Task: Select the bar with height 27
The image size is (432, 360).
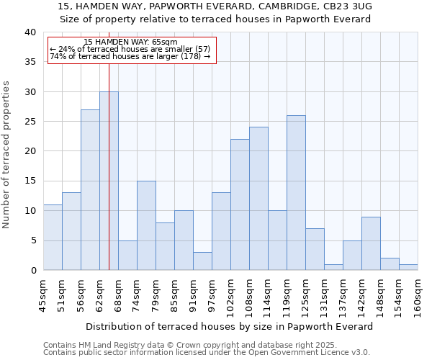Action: [90, 190]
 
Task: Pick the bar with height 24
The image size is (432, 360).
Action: [258, 199]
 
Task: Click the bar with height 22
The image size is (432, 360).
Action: [240, 204]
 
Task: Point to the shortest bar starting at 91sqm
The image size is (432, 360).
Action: [202, 261]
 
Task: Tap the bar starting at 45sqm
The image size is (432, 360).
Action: [53, 238]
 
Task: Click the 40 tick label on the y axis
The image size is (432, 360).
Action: [30, 32]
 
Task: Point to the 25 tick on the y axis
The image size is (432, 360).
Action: [30, 122]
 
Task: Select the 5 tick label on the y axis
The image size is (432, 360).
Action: [33, 240]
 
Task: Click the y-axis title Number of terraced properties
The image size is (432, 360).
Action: [7, 154]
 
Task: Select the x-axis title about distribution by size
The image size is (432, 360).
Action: [230, 326]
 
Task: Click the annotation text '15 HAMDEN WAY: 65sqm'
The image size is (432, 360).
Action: [130, 42]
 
